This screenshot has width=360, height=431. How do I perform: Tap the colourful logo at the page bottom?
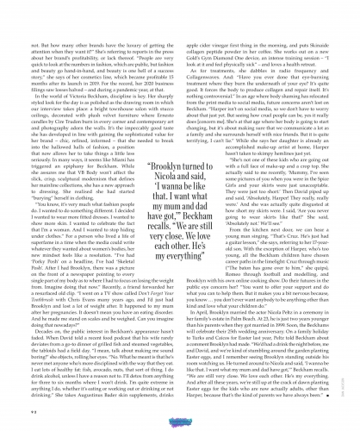coord(180,415)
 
